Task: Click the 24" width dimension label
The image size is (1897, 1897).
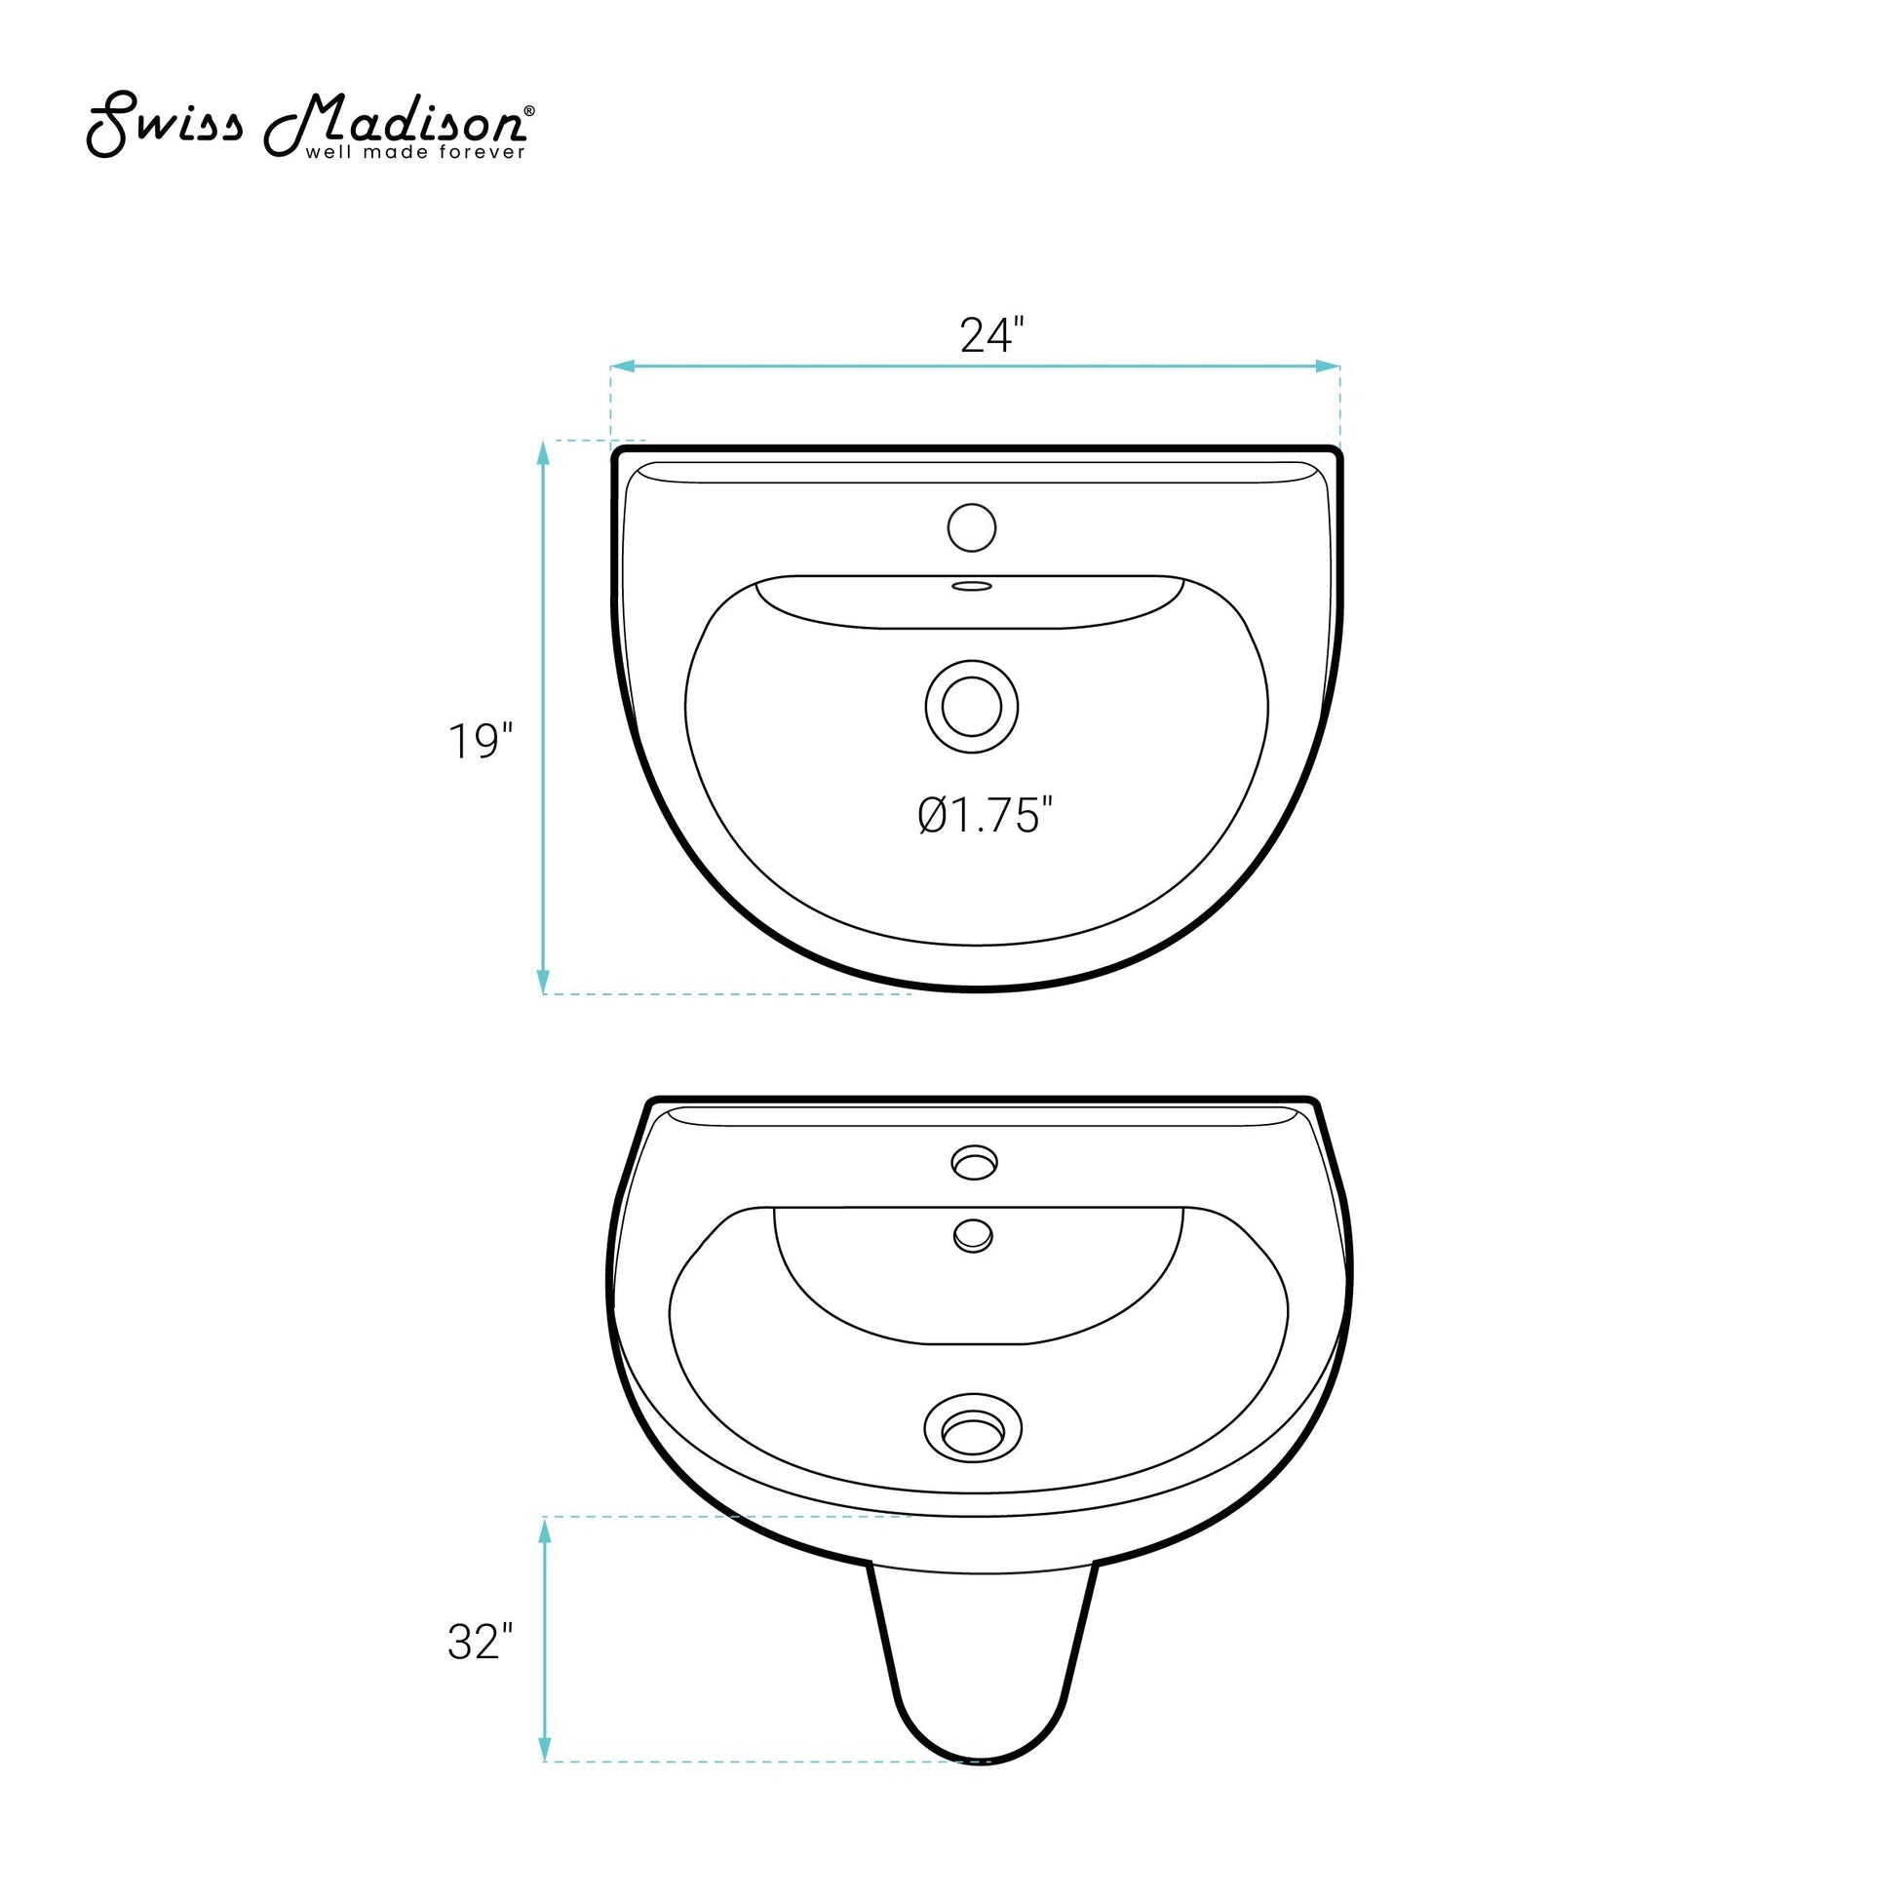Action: click(x=991, y=335)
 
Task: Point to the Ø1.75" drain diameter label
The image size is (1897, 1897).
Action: click(x=986, y=815)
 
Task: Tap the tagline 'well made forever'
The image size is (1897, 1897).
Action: click(x=415, y=152)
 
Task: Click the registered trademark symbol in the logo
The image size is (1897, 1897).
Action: click(x=530, y=111)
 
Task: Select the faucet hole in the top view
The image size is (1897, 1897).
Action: click(x=972, y=527)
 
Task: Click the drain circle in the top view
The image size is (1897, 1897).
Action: click(x=971, y=707)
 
